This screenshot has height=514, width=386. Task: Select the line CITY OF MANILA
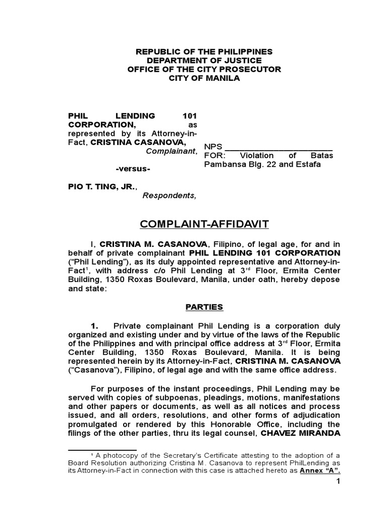[x=204, y=78]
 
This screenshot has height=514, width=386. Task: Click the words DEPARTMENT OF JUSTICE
[x=204, y=60]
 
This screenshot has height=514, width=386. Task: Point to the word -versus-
[x=133, y=168]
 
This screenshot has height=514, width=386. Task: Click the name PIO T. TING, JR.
[x=101, y=186]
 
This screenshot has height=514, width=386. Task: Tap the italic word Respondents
[x=169, y=195]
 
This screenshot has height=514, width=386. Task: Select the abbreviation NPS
[x=213, y=147]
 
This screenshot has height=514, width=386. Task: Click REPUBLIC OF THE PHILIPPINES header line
[x=204, y=51]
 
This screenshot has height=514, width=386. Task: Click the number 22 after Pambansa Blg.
[x=271, y=164]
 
